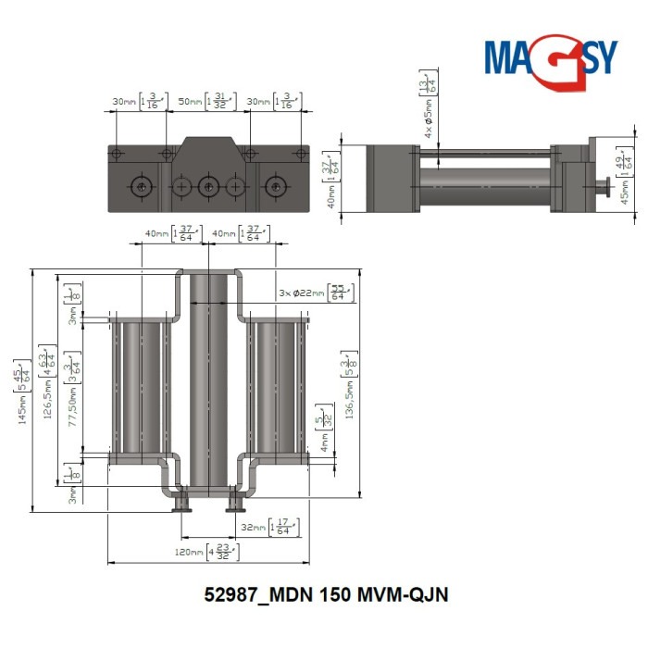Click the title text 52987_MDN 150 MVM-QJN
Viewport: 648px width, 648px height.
325,594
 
